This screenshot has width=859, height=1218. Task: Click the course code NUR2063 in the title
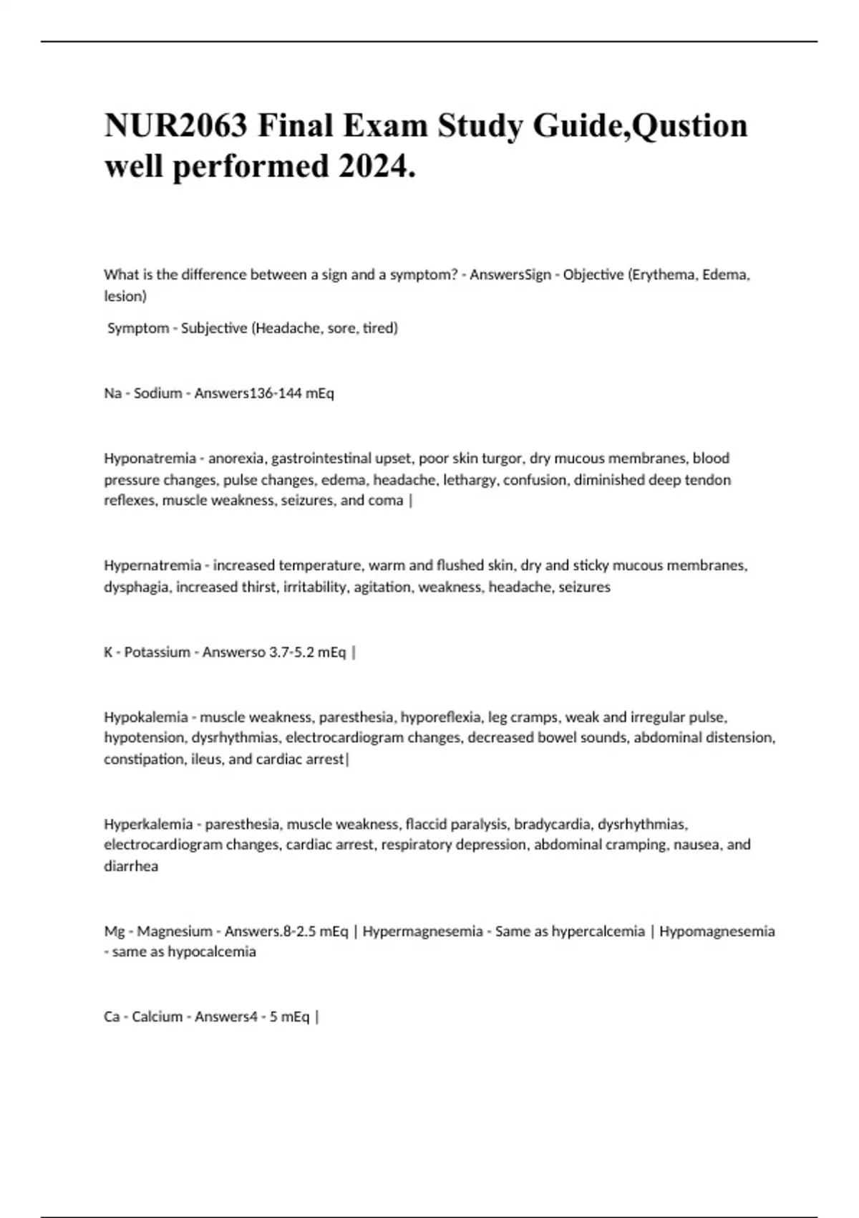176,125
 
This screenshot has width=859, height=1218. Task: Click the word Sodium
158,393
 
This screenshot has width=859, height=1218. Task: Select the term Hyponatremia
150,458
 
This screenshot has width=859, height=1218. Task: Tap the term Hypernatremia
152,565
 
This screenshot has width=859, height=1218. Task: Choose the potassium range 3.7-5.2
292,652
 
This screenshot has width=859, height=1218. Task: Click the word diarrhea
131,866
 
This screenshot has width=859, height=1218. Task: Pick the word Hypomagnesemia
717,931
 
